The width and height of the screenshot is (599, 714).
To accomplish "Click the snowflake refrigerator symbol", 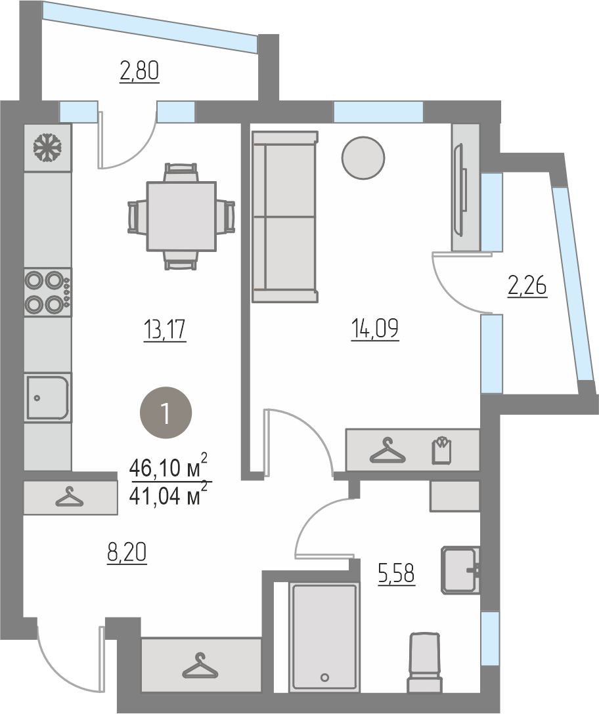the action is (x=47, y=147).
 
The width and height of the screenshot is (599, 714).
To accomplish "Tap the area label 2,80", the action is (x=139, y=72).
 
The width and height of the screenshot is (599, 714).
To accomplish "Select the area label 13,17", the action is (x=165, y=329).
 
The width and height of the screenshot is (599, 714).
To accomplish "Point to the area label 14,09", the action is (x=375, y=329).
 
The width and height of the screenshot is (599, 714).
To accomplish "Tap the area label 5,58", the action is (x=396, y=573).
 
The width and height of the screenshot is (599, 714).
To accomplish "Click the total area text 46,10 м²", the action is (x=169, y=467).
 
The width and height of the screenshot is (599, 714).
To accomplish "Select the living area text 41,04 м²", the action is (x=169, y=495).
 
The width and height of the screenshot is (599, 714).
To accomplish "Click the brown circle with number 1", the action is (x=166, y=413).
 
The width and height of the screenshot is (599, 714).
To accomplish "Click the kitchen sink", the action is (x=48, y=397).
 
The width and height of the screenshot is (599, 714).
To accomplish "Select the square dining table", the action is (x=181, y=217).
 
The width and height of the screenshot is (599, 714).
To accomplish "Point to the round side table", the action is (x=363, y=158).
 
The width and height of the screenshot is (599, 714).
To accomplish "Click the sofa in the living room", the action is (x=285, y=217).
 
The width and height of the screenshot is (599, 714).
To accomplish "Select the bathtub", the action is (x=324, y=637).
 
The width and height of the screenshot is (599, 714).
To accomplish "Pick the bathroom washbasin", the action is (x=460, y=570).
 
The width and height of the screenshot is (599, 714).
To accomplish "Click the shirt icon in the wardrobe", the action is (x=441, y=450).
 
